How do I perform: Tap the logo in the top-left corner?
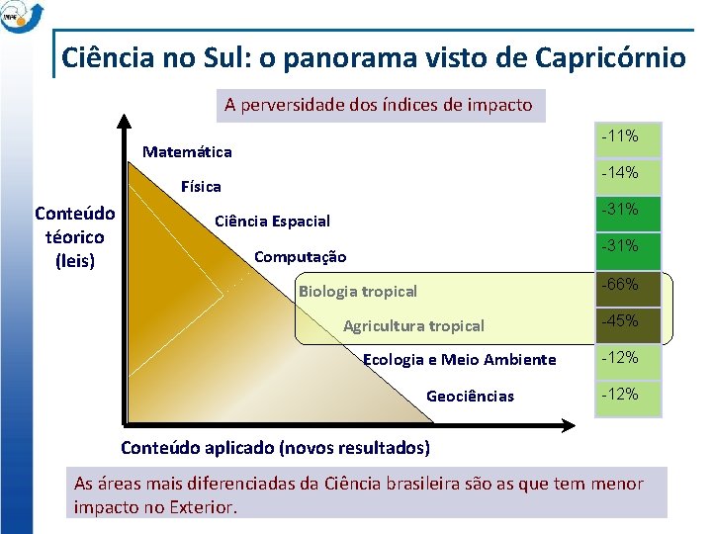coord(22,17)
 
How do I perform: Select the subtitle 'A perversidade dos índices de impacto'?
coord(378,105)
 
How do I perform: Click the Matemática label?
coord(187,152)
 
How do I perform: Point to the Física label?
coord(201,187)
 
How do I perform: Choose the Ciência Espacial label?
coord(272,222)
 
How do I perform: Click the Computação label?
coord(300,257)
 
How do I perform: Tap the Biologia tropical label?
coord(357,292)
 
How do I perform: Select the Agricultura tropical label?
coord(413,326)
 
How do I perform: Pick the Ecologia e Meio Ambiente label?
coord(460,360)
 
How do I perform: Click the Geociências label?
coord(470,397)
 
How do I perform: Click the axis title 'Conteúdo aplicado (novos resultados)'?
coord(275,448)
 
